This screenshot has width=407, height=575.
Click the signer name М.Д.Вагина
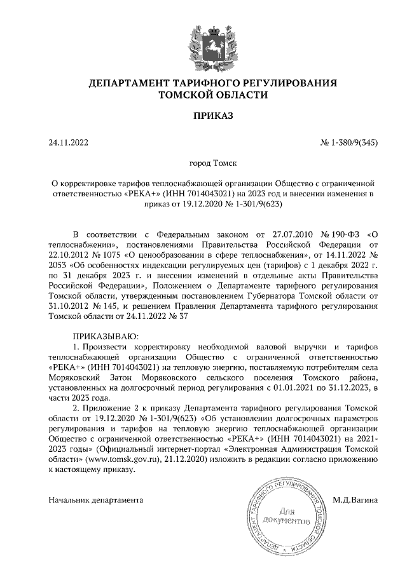[x=355, y=500]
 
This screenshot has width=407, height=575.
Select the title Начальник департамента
[x=95, y=500]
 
